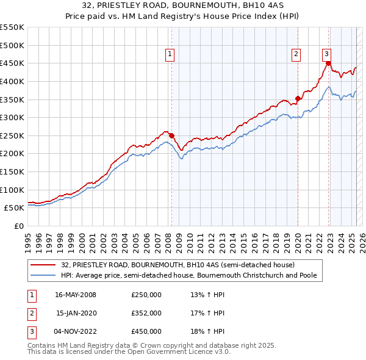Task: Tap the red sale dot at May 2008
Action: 171,135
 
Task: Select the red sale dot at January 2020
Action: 298,98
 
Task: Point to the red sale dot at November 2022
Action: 328,63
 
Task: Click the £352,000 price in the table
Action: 146,313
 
